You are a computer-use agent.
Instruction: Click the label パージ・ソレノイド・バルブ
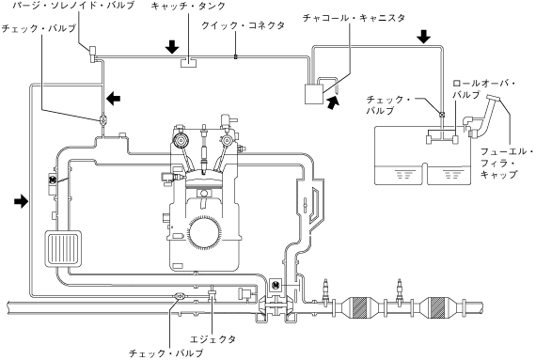[x=72, y=6]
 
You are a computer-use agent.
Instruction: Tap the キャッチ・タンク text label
[x=188, y=6]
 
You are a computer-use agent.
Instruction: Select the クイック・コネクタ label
[x=243, y=25]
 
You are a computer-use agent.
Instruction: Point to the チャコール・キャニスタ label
[x=354, y=18]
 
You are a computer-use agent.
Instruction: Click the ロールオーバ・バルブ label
[x=483, y=88]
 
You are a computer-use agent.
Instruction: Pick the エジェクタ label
[x=213, y=339]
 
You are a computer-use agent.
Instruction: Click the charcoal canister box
[x=314, y=94]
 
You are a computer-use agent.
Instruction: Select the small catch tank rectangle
[x=188, y=62]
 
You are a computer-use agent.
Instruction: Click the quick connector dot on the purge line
[x=235, y=56]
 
